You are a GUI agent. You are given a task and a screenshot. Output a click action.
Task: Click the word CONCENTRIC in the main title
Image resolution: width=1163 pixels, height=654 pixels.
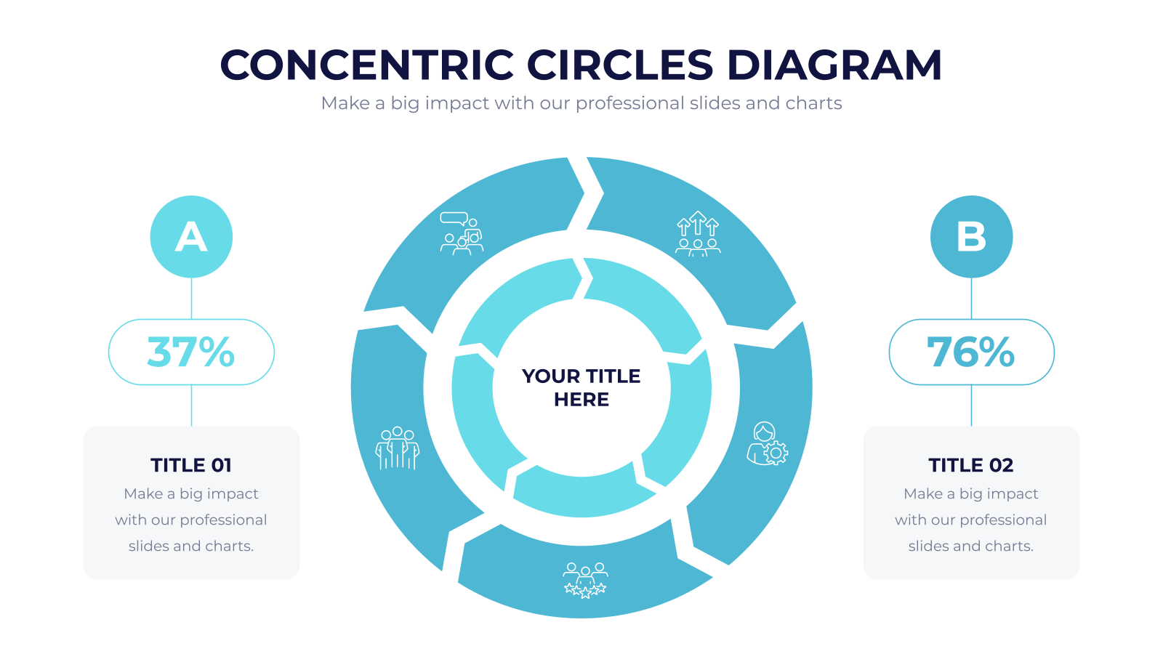pos(366,65)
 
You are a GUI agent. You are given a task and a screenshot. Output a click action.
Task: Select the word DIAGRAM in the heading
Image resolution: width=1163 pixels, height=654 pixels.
pos(834,65)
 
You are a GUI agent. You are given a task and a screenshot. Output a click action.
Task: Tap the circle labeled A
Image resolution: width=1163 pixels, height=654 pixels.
pos(191,237)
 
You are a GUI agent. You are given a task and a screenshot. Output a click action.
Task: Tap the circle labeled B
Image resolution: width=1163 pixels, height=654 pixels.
pos(971,237)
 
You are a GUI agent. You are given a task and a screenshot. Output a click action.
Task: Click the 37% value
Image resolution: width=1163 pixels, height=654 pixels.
pos(191,352)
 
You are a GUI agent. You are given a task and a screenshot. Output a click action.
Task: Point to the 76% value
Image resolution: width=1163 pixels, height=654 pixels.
pos(971,352)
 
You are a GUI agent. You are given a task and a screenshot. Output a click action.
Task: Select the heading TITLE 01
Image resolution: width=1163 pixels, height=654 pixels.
pos(191,465)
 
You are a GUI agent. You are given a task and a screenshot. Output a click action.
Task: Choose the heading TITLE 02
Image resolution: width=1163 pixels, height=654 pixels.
pos(971,465)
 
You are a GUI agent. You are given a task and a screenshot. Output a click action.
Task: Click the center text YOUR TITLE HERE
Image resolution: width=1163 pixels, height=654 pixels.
pos(581,388)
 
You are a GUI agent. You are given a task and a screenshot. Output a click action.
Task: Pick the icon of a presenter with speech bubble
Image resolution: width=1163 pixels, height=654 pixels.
pos(462,233)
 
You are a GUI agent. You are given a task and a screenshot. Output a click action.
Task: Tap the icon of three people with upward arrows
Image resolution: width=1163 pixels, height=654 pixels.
pos(698,233)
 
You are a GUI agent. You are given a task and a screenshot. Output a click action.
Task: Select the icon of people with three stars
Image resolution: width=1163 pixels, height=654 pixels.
pos(585,581)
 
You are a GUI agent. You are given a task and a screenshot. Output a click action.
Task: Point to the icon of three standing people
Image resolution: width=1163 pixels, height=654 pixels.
pos(397,448)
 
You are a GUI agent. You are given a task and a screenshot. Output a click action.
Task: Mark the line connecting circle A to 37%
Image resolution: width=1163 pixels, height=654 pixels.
pos(192,299)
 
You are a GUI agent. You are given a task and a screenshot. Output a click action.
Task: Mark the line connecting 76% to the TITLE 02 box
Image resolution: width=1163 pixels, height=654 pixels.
pos(971,405)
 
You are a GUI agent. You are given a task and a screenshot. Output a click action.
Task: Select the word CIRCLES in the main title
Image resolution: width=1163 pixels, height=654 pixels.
pos(621,65)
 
